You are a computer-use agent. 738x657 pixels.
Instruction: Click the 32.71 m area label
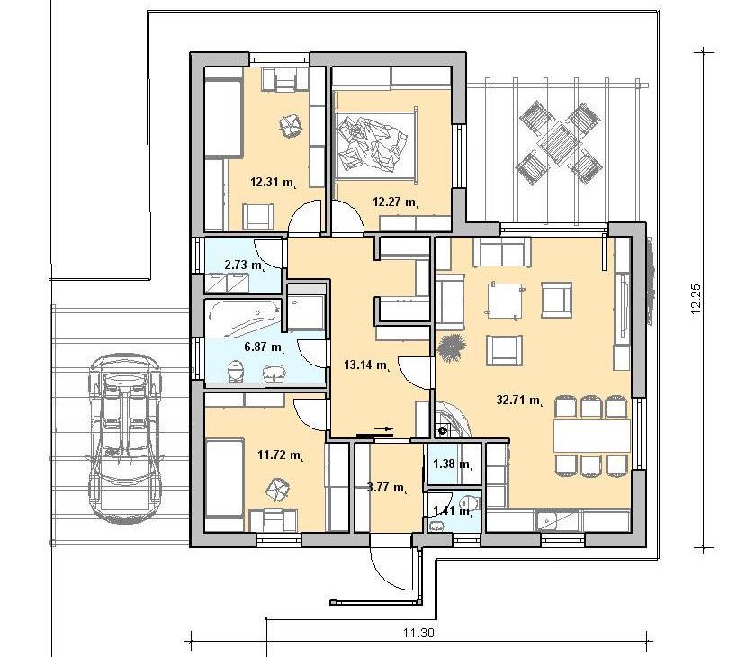pyautogui.click(x=520, y=400)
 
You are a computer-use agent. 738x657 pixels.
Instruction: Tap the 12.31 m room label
pyautogui.click(x=274, y=182)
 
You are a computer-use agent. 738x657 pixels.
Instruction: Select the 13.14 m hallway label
pyautogui.click(x=367, y=364)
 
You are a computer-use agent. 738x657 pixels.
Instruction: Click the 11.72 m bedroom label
pyautogui.click(x=281, y=455)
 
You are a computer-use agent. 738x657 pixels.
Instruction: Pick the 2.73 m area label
pyautogui.click(x=245, y=265)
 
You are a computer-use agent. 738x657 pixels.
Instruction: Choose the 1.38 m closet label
pyautogui.click(x=453, y=464)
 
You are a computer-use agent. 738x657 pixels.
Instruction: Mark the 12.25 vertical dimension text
pyautogui.click(x=697, y=299)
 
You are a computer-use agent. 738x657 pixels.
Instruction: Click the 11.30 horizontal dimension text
pyautogui.click(x=418, y=633)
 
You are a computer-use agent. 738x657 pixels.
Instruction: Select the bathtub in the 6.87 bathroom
pyautogui.click(x=243, y=319)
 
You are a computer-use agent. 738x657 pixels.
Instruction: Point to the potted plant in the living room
pyautogui.click(x=452, y=347)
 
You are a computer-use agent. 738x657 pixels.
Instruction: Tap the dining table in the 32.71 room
pyautogui.click(x=591, y=436)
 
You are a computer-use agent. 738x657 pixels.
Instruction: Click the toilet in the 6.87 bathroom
pyautogui.click(x=235, y=372)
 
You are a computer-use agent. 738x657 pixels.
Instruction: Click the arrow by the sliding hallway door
pyautogui.click(x=374, y=430)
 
